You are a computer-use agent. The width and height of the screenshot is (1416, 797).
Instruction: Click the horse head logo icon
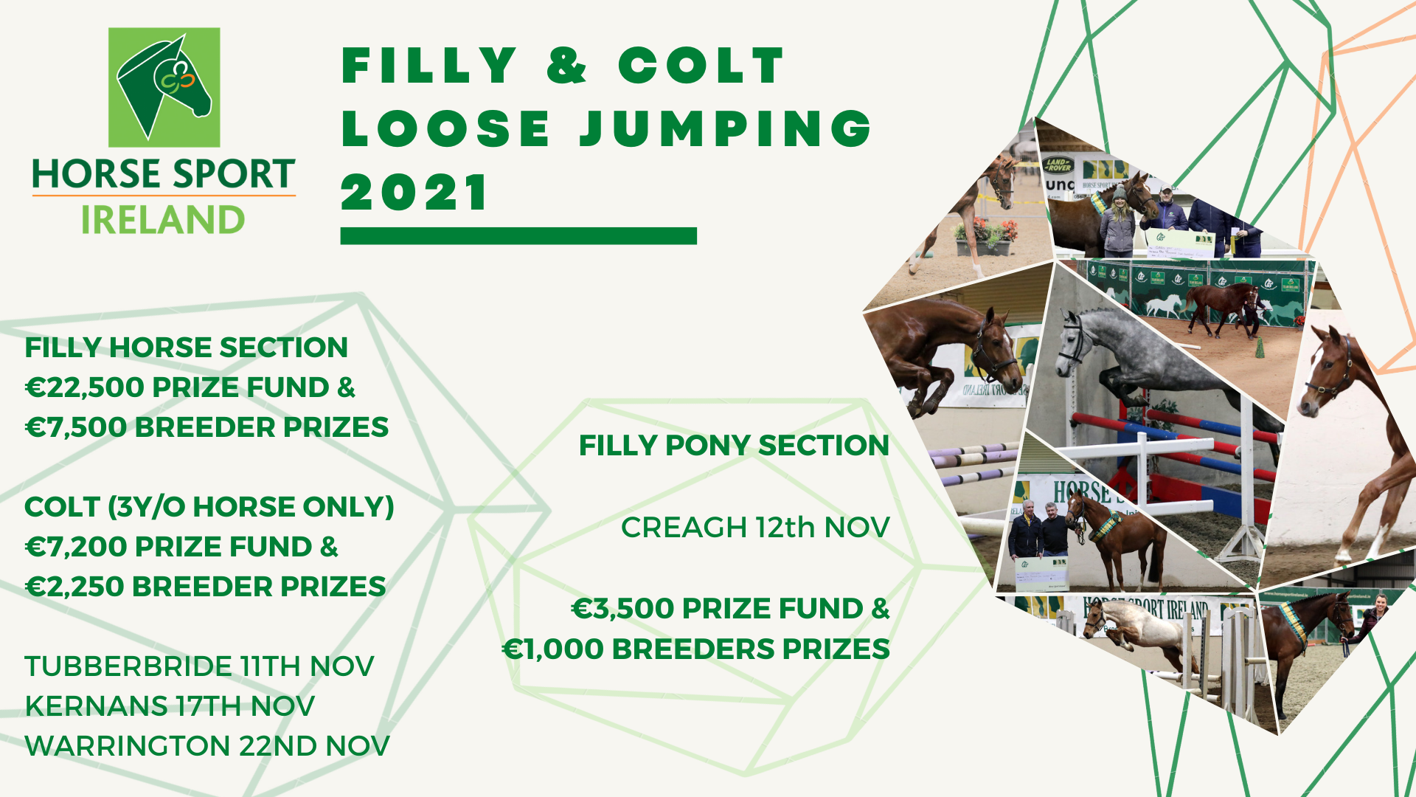(164, 87)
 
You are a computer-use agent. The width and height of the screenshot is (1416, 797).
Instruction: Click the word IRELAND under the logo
(163, 220)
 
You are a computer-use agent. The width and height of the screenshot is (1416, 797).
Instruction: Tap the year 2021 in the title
(415, 193)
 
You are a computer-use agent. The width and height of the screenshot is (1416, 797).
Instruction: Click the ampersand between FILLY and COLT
(566, 65)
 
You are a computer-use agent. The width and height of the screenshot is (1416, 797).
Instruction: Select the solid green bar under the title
(518, 235)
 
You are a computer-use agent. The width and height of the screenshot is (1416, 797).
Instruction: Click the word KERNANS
(96, 706)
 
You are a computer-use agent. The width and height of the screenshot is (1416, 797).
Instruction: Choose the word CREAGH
(684, 528)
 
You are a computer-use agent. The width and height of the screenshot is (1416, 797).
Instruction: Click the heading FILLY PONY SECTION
(734, 446)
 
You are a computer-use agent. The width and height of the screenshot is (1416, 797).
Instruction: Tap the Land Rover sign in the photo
(1058, 164)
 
